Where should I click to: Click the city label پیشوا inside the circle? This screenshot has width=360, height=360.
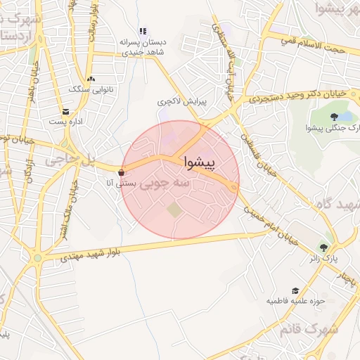[x=201, y=162]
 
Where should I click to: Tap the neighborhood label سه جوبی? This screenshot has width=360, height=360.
[x=167, y=184]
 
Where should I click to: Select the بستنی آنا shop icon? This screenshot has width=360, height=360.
[x=122, y=172]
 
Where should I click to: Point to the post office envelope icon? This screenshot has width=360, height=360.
[x=65, y=112]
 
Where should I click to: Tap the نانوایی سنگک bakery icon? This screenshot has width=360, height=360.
[x=91, y=79]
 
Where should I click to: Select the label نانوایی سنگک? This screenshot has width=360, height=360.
[x=88, y=89]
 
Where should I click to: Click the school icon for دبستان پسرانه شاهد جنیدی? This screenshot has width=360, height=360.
[x=143, y=31]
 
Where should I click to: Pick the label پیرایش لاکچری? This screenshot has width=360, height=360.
[x=182, y=102]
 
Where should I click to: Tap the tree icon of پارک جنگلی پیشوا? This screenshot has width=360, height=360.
[x=334, y=117]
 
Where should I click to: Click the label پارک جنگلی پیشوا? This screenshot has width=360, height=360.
[x=333, y=127]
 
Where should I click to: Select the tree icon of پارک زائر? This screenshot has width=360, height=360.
[x=323, y=247]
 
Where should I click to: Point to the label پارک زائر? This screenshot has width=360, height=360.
[x=323, y=258]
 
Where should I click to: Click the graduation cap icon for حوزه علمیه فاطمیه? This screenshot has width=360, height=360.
[x=295, y=290]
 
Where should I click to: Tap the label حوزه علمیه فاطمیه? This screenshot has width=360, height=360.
[x=294, y=301]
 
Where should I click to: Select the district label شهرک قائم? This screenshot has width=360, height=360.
[x=309, y=328]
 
